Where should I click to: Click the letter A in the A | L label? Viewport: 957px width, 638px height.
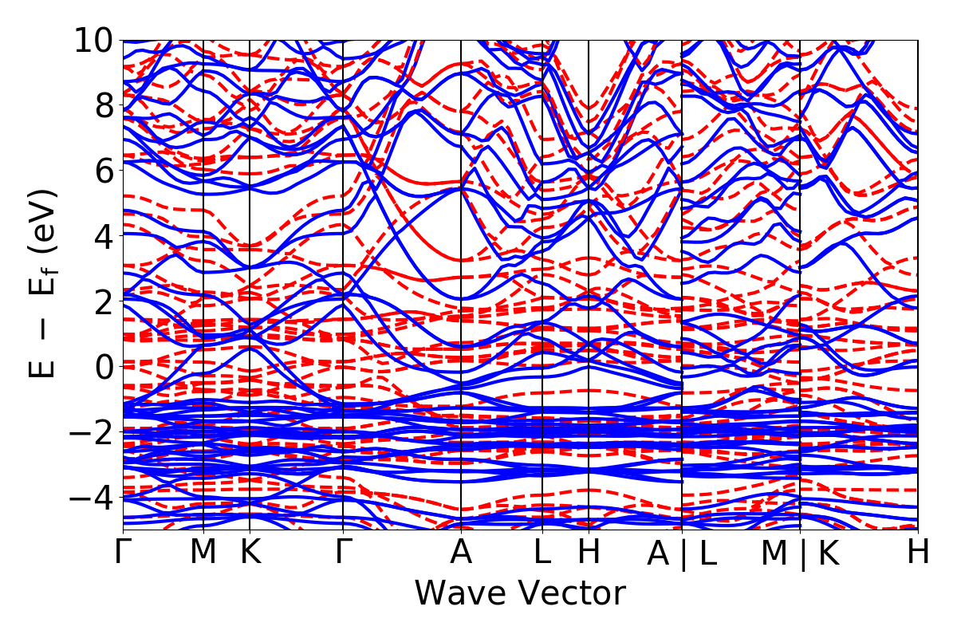pos(658,553)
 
